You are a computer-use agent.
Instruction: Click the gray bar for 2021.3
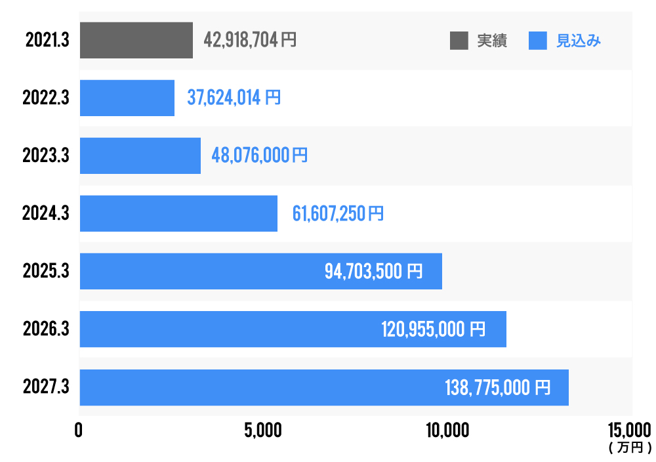136,40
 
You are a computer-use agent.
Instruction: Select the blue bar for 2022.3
127,98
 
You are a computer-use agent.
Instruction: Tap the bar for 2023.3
140,156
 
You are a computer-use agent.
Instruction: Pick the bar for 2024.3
178,213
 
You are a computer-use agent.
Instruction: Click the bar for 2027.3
324,387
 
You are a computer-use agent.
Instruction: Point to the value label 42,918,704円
250,40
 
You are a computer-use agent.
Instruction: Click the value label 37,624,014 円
234,98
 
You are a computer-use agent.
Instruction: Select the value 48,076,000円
259,156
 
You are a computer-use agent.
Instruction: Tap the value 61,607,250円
338,213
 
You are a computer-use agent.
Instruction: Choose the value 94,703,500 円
374,271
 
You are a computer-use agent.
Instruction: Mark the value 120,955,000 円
434,329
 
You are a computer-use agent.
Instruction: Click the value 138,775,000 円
497,387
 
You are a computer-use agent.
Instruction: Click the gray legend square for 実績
459,41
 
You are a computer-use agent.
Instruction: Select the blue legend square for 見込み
537,41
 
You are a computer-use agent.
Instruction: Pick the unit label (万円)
630,448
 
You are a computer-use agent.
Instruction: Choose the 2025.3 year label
45,271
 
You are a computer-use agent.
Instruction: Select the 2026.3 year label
45,329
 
